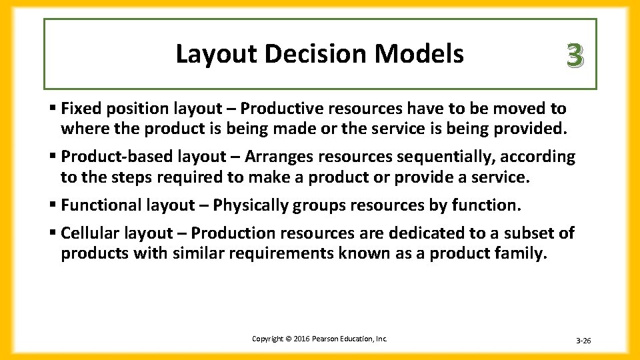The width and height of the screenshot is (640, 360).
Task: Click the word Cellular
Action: [89, 233]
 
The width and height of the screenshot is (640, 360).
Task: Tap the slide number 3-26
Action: [583, 341]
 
